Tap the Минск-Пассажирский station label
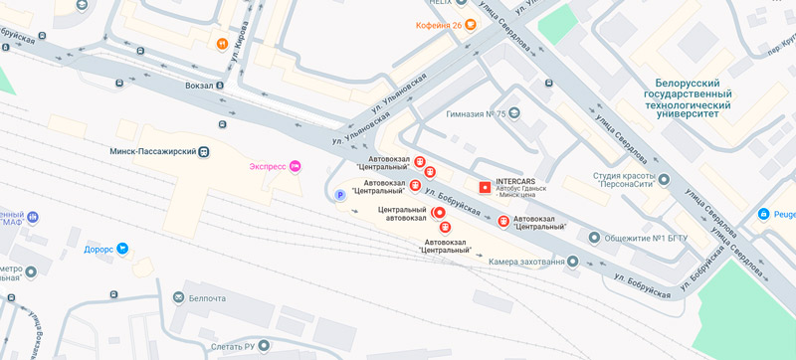pyautogui.click(x=152, y=152)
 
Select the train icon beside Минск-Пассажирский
pyautogui.click(x=204, y=152)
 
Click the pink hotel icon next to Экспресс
pyautogui.click(x=295, y=166)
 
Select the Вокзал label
pyautogui.click(x=199, y=87)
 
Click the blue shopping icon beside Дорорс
pyautogui.click(x=122, y=249)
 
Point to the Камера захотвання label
pyautogui.click(x=521, y=261)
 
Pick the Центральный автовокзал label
pyautogui.click(x=402, y=215)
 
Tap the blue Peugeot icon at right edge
pyautogui.click(x=763, y=214)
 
